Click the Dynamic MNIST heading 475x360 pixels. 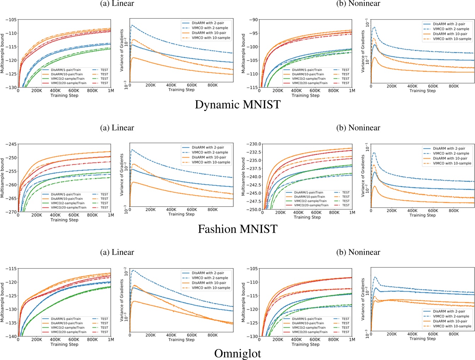(x=237, y=105)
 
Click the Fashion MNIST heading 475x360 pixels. (x=237, y=229)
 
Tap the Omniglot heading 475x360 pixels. (x=237, y=354)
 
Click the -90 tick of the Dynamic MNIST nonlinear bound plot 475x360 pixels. (x=253, y=20)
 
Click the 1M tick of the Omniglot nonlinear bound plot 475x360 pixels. (x=352, y=339)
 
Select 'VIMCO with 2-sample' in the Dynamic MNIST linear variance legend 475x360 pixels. (x=210, y=28)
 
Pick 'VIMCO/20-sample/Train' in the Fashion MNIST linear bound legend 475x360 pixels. (x=69, y=208)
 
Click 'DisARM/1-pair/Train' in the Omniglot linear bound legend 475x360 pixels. (x=66, y=319)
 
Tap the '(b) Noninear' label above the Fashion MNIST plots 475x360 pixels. (x=358, y=128)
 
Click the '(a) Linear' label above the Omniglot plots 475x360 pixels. (x=117, y=252)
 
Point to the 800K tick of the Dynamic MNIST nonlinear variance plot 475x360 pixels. (x=453, y=86)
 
